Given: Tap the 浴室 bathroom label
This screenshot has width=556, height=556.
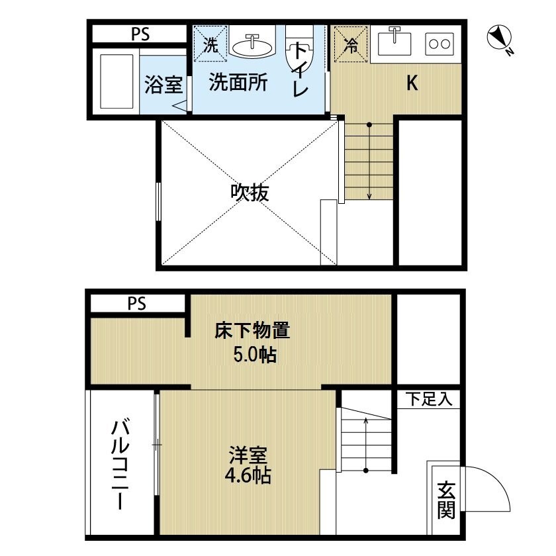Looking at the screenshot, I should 163,84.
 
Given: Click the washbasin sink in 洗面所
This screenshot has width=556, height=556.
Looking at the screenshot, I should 251,45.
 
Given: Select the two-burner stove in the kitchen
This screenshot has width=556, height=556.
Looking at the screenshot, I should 439,44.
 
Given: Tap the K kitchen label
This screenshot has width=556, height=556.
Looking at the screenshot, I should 412,83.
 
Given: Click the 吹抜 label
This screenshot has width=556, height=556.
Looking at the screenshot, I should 249,192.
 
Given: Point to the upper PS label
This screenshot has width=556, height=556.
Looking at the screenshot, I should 139,34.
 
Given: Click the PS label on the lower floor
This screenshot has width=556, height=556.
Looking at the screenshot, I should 136,304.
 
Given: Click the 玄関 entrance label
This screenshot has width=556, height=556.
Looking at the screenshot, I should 445,500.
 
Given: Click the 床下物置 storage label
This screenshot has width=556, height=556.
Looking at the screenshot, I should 253,330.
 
